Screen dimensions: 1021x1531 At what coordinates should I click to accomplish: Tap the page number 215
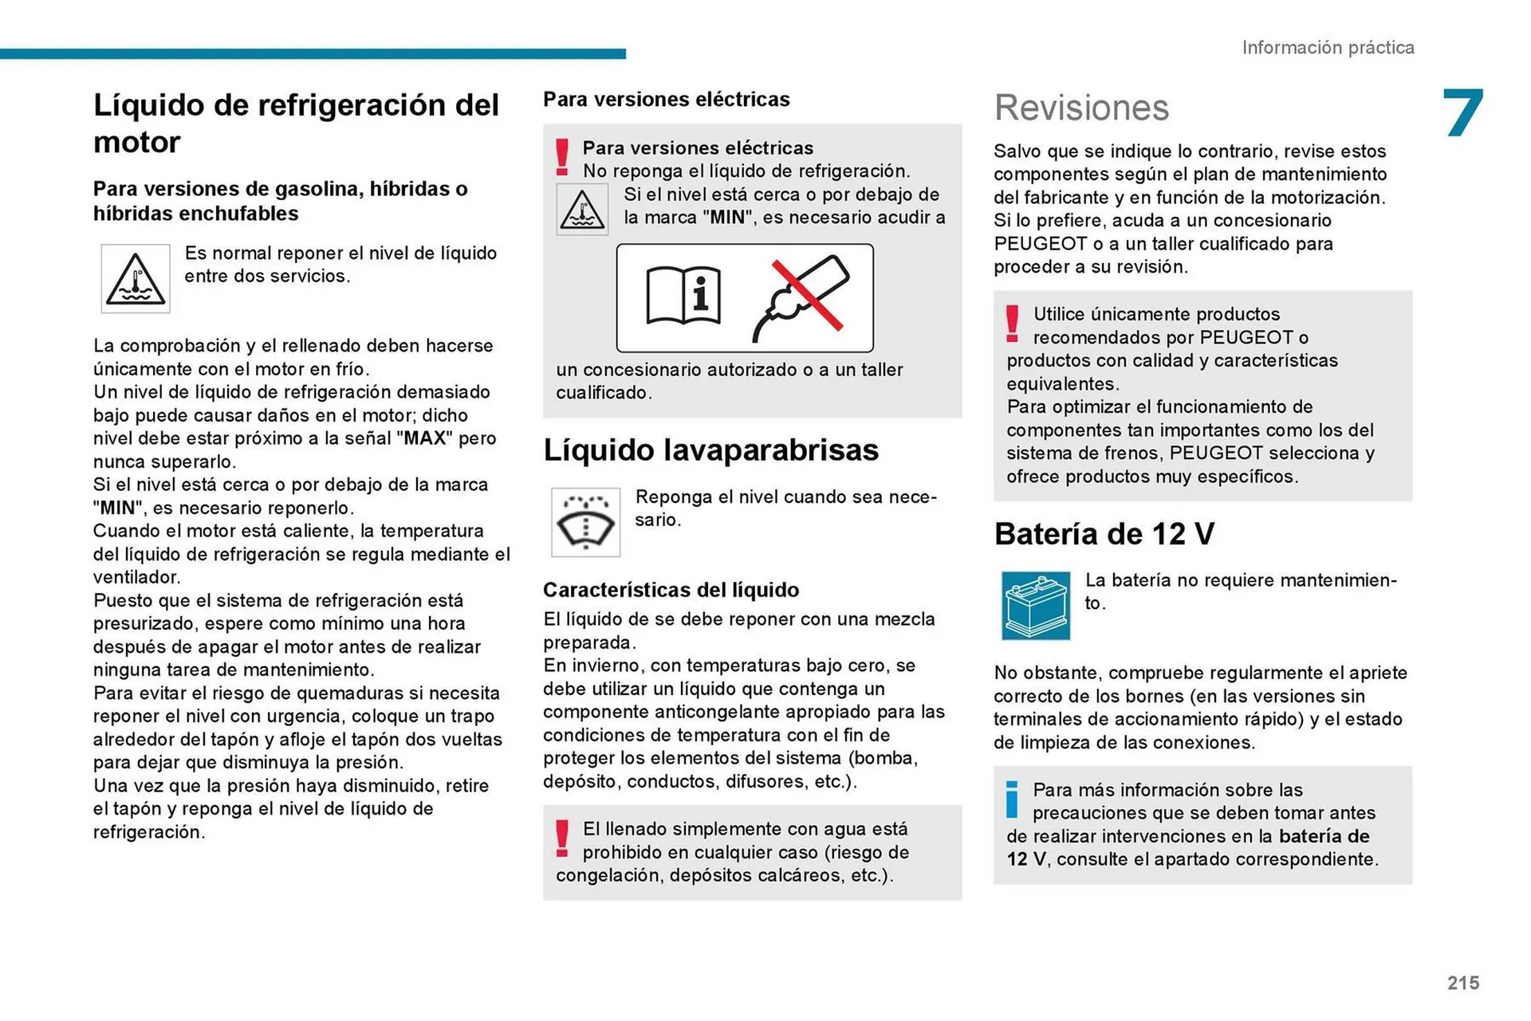(x=1463, y=983)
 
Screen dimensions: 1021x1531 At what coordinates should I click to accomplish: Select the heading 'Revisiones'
(x=1081, y=108)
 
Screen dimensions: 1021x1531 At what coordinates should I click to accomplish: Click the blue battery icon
(x=1036, y=606)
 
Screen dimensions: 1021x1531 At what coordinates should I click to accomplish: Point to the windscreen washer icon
(x=585, y=523)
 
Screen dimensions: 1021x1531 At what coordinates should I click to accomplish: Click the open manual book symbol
(x=683, y=296)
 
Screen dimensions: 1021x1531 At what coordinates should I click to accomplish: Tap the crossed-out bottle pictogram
(x=801, y=297)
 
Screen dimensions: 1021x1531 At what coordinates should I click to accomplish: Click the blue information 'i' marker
(x=1012, y=799)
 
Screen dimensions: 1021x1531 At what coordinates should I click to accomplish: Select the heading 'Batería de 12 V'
(x=1104, y=534)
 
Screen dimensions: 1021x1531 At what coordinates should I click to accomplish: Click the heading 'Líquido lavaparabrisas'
(x=710, y=450)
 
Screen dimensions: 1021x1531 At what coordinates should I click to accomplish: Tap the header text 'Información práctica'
(x=1328, y=48)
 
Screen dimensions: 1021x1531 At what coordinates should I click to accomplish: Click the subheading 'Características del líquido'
(x=671, y=590)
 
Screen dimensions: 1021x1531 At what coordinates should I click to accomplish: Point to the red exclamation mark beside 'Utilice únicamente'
(x=1012, y=324)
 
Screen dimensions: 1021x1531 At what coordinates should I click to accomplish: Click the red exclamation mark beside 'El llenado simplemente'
(x=562, y=838)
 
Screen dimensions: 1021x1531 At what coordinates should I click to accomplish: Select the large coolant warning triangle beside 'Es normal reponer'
(x=136, y=279)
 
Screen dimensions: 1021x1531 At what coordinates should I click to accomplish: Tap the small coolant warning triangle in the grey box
(x=582, y=210)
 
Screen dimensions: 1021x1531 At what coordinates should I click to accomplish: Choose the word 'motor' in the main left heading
(x=137, y=143)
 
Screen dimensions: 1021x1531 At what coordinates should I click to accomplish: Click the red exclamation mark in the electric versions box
(x=562, y=157)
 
